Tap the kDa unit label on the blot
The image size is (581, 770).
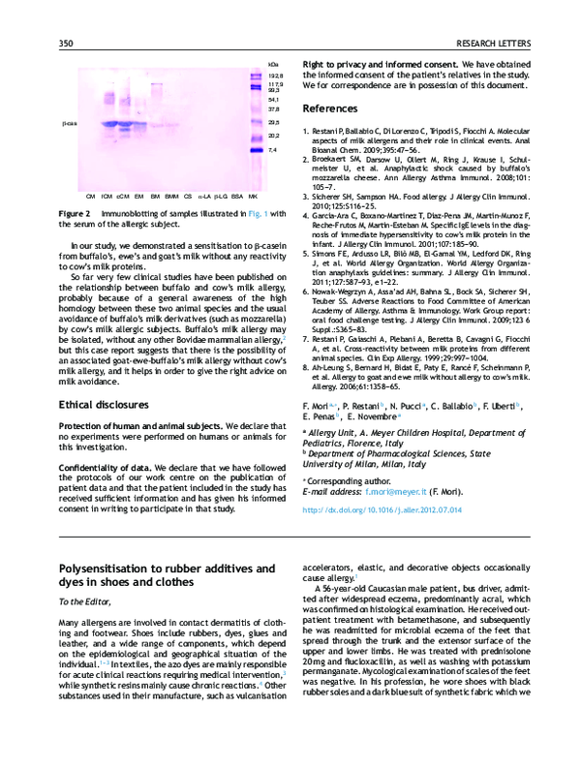pos(273,64)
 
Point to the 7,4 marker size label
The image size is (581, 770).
pos(273,150)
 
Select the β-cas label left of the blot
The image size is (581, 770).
pos(69,124)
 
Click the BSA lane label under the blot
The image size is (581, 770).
pos(237,195)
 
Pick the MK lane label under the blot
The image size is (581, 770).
pos(253,195)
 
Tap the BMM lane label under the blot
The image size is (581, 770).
pos(171,195)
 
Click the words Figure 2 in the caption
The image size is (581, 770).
pos(75,212)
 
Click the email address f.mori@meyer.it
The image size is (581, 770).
pos(394,491)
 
